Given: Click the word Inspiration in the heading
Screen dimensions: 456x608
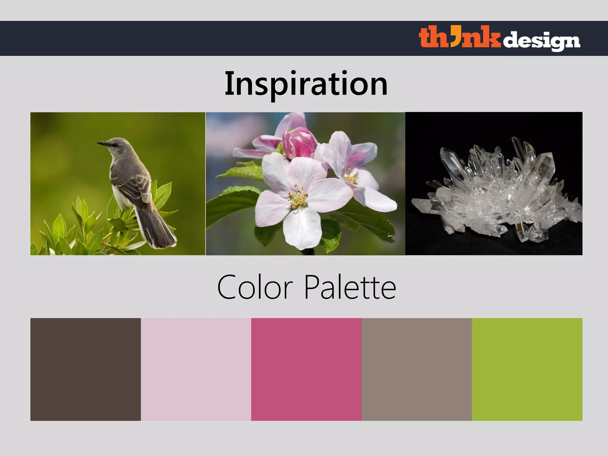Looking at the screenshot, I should click(x=306, y=84).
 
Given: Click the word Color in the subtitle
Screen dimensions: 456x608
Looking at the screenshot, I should click(x=255, y=287).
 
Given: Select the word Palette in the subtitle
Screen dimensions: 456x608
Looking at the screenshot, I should click(x=350, y=287).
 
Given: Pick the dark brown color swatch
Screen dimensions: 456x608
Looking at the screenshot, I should click(x=85, y=369).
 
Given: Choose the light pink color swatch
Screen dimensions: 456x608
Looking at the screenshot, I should click(x=196, y=369).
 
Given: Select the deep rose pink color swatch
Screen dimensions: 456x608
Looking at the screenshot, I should click(x=306, y=369).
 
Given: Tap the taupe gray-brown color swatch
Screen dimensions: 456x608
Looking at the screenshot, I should click(x=417, y=369).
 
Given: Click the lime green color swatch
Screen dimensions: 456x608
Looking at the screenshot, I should click(x=527, y=369).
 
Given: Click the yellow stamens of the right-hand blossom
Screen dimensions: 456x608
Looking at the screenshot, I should click(x=352, y=177).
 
